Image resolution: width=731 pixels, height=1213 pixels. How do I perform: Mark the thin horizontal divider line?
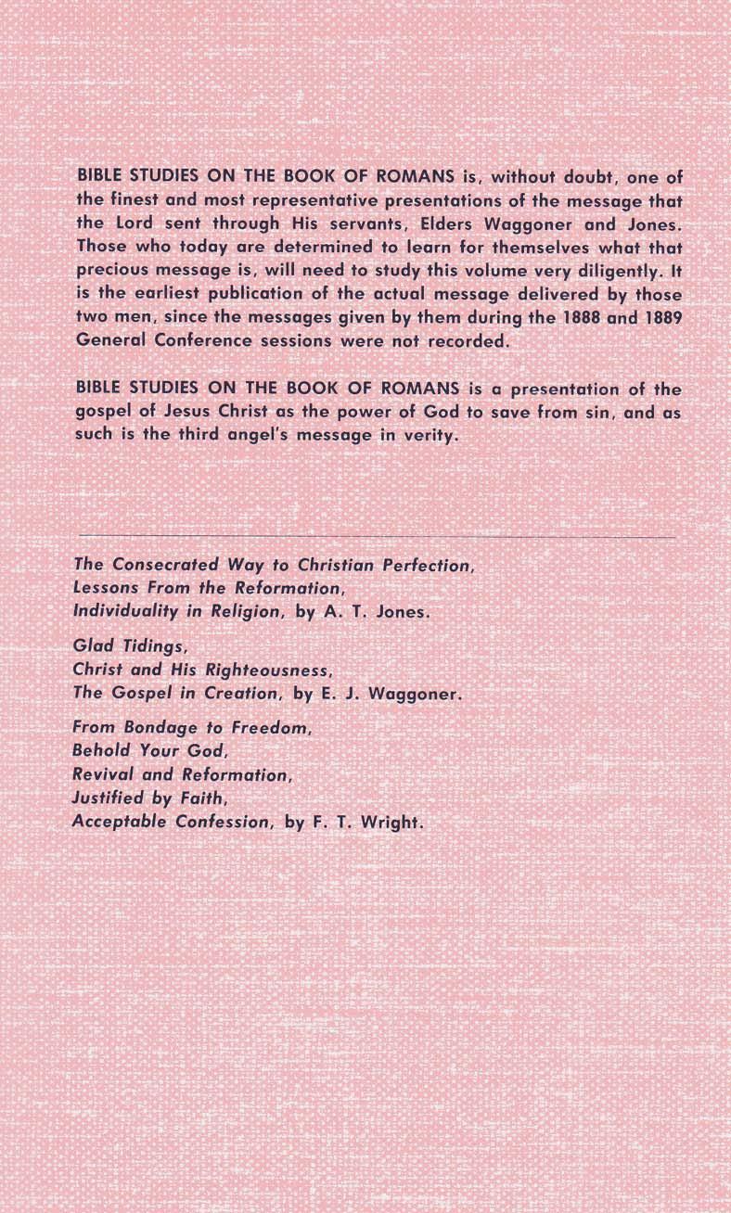(x=378, y=537)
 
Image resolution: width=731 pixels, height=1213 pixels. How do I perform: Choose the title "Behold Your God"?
(x=148, y=751)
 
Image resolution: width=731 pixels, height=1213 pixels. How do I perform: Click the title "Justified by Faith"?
(x=149, y=798)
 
